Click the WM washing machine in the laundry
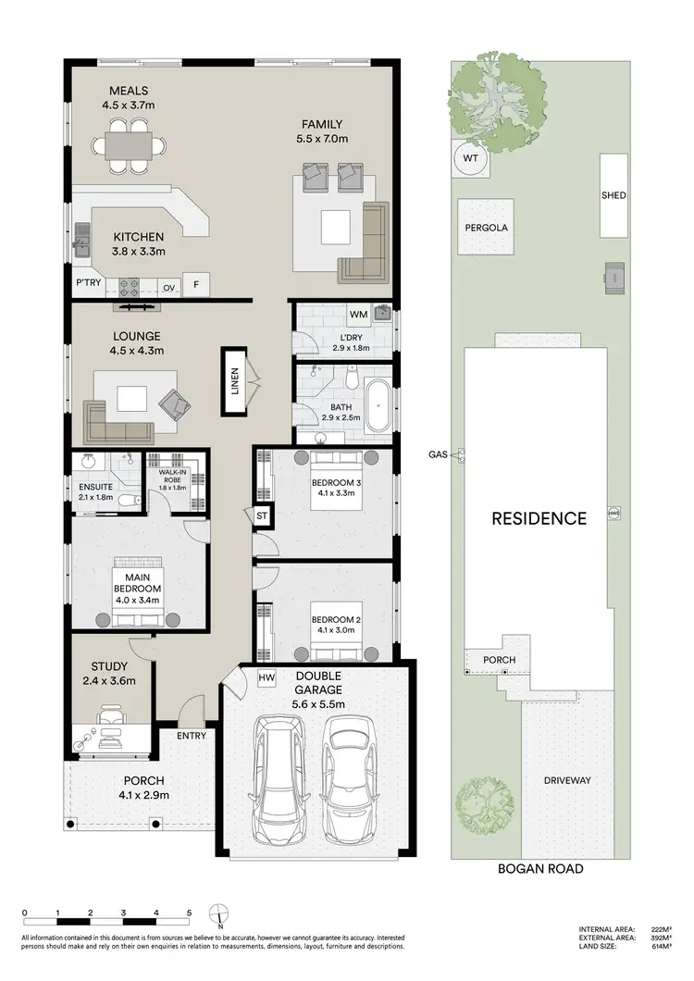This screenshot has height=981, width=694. pyautogui.click(x=359, y=315)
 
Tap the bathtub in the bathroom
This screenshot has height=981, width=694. pyautogui.click(x=378, y=404)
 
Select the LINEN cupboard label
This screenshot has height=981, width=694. pyautogui.click(x=233, y=379)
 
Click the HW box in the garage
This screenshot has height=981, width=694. pyautogui.click(x=266, y=678)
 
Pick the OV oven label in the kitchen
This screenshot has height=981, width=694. pyautogui.click(x=169, y=287)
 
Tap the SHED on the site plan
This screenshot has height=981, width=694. pyautogui.click(x=613, y=195)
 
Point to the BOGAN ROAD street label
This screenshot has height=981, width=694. pyautogui.click(x=539, y=868)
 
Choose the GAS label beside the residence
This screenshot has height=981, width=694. pyautogui.click(x=439, y=454)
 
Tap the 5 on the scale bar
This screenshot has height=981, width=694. pyautogui.click(x=189, y=913)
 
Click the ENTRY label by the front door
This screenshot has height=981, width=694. pyautogui.click(x=192, y=736)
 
